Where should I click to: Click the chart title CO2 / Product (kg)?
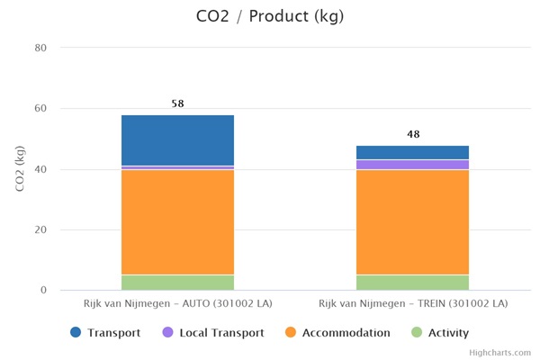pyautogui.click(x=270, y=16)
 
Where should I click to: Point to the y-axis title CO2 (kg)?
pyautogui.click(x=19, y=168)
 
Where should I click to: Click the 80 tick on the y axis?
pyautogui.click(x=41, y=48)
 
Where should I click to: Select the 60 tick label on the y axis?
pyautogui.click(x=41, y=109)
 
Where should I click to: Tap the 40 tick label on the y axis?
pyautogui.click(x=41, y=169)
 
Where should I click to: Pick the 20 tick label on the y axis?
pyautogui.click(x=41, y=229)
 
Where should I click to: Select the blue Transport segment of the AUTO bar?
pyautogui.click(x=177, y=139)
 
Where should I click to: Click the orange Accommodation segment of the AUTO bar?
pyautogui.click(x=177, y=221)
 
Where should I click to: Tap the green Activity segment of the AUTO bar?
pyautogui.click(x=177, y=283)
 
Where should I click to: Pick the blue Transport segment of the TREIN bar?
pyautogui.click(x=412, y=152)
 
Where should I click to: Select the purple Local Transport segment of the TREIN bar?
pyautogui.click(x=412, y=165)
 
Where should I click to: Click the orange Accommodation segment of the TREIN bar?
pyautogui.click(x=412, y=221)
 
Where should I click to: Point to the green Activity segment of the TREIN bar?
pyautogui.click(x=412, y=283)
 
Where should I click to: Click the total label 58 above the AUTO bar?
pyautogui.click(x=177, y=104)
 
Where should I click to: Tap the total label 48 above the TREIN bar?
pyautogui.click(x=413, y=135)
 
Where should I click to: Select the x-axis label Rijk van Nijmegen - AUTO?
pyautogui.click(x=177, y=304)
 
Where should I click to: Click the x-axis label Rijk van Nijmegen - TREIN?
pyautogui.click(x=412, y=304)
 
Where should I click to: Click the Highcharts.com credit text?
pyautogui.click(x=500, y=353)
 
